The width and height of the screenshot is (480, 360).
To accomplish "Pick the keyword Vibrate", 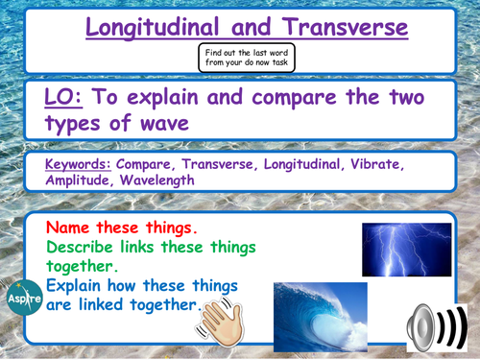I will (x=410, y=164).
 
